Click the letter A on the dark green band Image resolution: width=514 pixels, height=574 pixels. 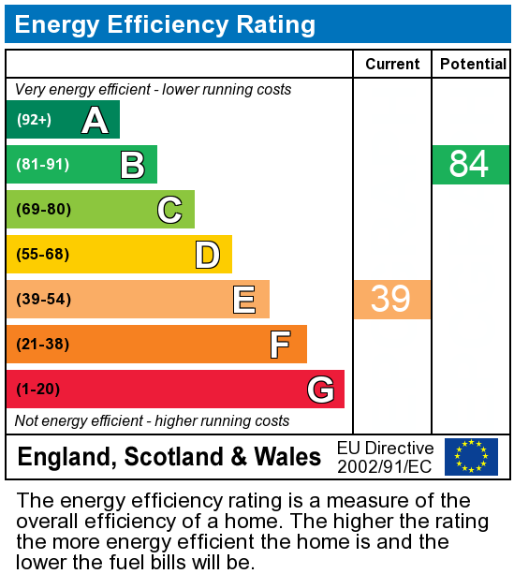tap(95, 120)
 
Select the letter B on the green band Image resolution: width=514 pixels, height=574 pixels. tap(132, 165)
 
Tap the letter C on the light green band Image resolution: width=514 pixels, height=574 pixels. tap(169, 210)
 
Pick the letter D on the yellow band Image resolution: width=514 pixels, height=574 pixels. tap(207, 255)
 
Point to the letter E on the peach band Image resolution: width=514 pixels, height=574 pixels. tap(244, 300)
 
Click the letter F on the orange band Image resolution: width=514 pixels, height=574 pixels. tap(281, 345)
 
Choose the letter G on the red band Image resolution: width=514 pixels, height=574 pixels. tap(320, 390)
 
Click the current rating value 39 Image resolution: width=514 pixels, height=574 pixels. tap(391, 300)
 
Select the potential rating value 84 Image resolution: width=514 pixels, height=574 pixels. tap(469, 165)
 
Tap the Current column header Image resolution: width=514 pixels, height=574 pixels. tap(392, 64)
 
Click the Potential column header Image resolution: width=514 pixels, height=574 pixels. tap(472, 64)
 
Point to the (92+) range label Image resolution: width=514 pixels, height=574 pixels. tap(34, 120)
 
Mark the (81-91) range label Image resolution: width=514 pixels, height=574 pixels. tap(43, 165)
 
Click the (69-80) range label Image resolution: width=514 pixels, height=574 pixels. tap(43, 210)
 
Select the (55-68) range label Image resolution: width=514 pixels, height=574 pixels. tap(43, 255)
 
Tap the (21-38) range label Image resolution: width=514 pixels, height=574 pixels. tap(43, 345)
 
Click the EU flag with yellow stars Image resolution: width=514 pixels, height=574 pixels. tap(471, 457)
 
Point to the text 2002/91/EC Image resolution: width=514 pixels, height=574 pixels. tap(385, 466)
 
